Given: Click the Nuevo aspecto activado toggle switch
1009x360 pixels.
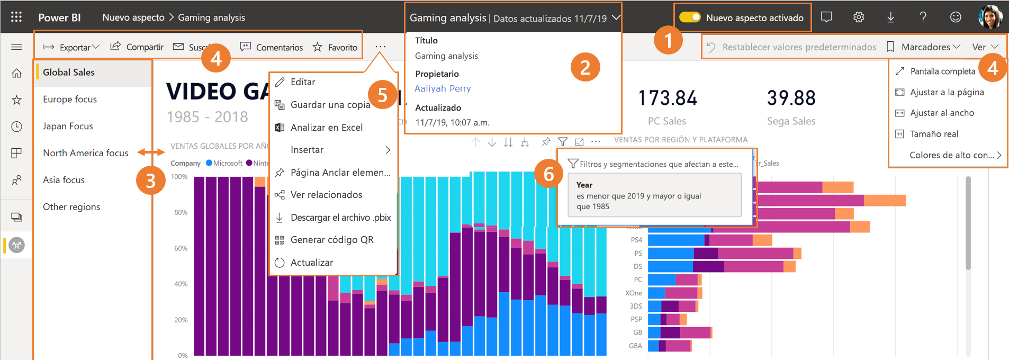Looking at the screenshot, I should pyautogui.click(x=690, y=17).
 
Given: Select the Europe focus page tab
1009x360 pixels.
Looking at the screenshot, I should pyautogui.click(x=70, y=99).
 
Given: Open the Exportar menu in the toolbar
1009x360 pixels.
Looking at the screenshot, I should pyautogui.click(x=71, y=47).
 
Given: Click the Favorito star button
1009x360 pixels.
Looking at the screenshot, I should pyautogui.click(x=335, y=47).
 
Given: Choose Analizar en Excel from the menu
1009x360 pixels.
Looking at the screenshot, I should pyautogui.click(x=326, y=127).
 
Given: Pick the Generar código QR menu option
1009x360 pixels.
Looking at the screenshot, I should pyautogui.click(x=331, y=240).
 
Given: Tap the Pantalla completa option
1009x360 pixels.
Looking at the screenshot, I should pyautogui.click(x=942, y=71).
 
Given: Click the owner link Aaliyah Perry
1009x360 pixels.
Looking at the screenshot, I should pyautogui.click(x=443, y=88).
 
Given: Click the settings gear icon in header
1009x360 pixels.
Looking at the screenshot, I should pyautogui.click(x=859, y=17).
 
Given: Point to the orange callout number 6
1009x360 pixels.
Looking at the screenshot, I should pyautogui.click(x=548, y=174).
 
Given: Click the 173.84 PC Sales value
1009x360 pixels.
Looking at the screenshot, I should pyautogui.click(x=667, y=98).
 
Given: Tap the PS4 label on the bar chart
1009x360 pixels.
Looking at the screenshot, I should pyautogui.click(x=636, y=240).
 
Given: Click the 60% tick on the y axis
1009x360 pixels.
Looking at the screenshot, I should pyautogui.click(x=181, y=248).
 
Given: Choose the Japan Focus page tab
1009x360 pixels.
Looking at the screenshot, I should pyautogui.click(x=68, y=126).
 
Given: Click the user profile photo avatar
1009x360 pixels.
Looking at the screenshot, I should pyautogui.click(x=990, y=17).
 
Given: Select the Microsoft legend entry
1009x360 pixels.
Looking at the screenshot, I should pyautogui.click(x=224, y=163).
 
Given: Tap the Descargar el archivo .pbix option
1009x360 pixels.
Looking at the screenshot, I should pyautogui.click(x=340, y=218).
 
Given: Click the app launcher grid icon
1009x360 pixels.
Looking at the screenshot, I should pyautogui.click(x=16, y=17).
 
